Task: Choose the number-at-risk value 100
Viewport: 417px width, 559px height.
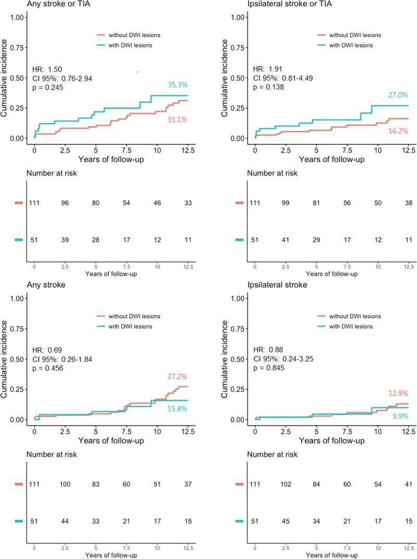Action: tap(65, 484)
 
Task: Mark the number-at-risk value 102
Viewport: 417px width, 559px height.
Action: tap(286, 484)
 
